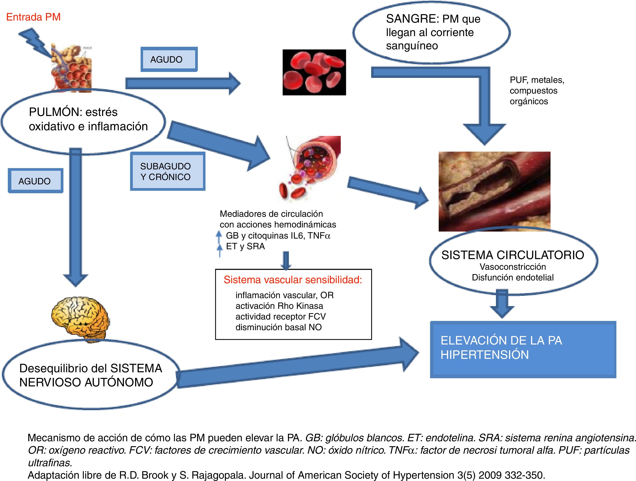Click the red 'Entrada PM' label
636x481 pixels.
coord(33,17)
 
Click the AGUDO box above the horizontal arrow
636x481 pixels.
coord(169,59)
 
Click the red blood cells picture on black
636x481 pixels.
coord(314,72)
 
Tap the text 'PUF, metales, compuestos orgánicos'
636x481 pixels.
coord(537,90)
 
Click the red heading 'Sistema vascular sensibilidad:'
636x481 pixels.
coord(293,280)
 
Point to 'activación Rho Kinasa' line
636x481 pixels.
coord(279,306)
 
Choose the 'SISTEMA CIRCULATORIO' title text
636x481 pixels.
coord(513,255)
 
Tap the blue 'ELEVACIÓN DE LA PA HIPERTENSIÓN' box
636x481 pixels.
coord(523,349)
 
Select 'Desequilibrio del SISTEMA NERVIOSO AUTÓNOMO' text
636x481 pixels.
coord(90,375)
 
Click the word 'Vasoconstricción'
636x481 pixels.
coord(513,267)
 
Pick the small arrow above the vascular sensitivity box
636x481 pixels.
coord(286,261)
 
